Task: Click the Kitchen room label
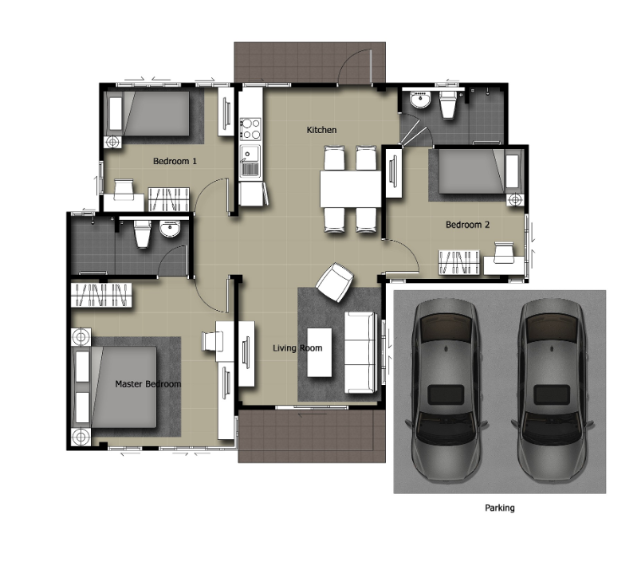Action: (322, 130)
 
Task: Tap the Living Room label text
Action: (297, 348)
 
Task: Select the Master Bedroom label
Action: (148, 384)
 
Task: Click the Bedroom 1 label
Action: (175, 161)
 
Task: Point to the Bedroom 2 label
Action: (467, 225)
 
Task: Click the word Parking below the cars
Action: (500, 508)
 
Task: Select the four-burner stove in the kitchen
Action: (250, 128)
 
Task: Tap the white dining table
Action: (350, 189)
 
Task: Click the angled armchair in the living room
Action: (335, 282)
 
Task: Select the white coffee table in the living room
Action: (319, 352)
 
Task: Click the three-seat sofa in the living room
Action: (360, 352)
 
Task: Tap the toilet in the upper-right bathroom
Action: (447, 104)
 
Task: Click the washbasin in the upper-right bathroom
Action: (420, 100)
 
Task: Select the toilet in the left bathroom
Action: (142, 233)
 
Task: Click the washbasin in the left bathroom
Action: (170, 229)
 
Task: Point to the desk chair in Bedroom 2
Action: (504, 252)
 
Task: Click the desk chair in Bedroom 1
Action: (124, 189)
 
